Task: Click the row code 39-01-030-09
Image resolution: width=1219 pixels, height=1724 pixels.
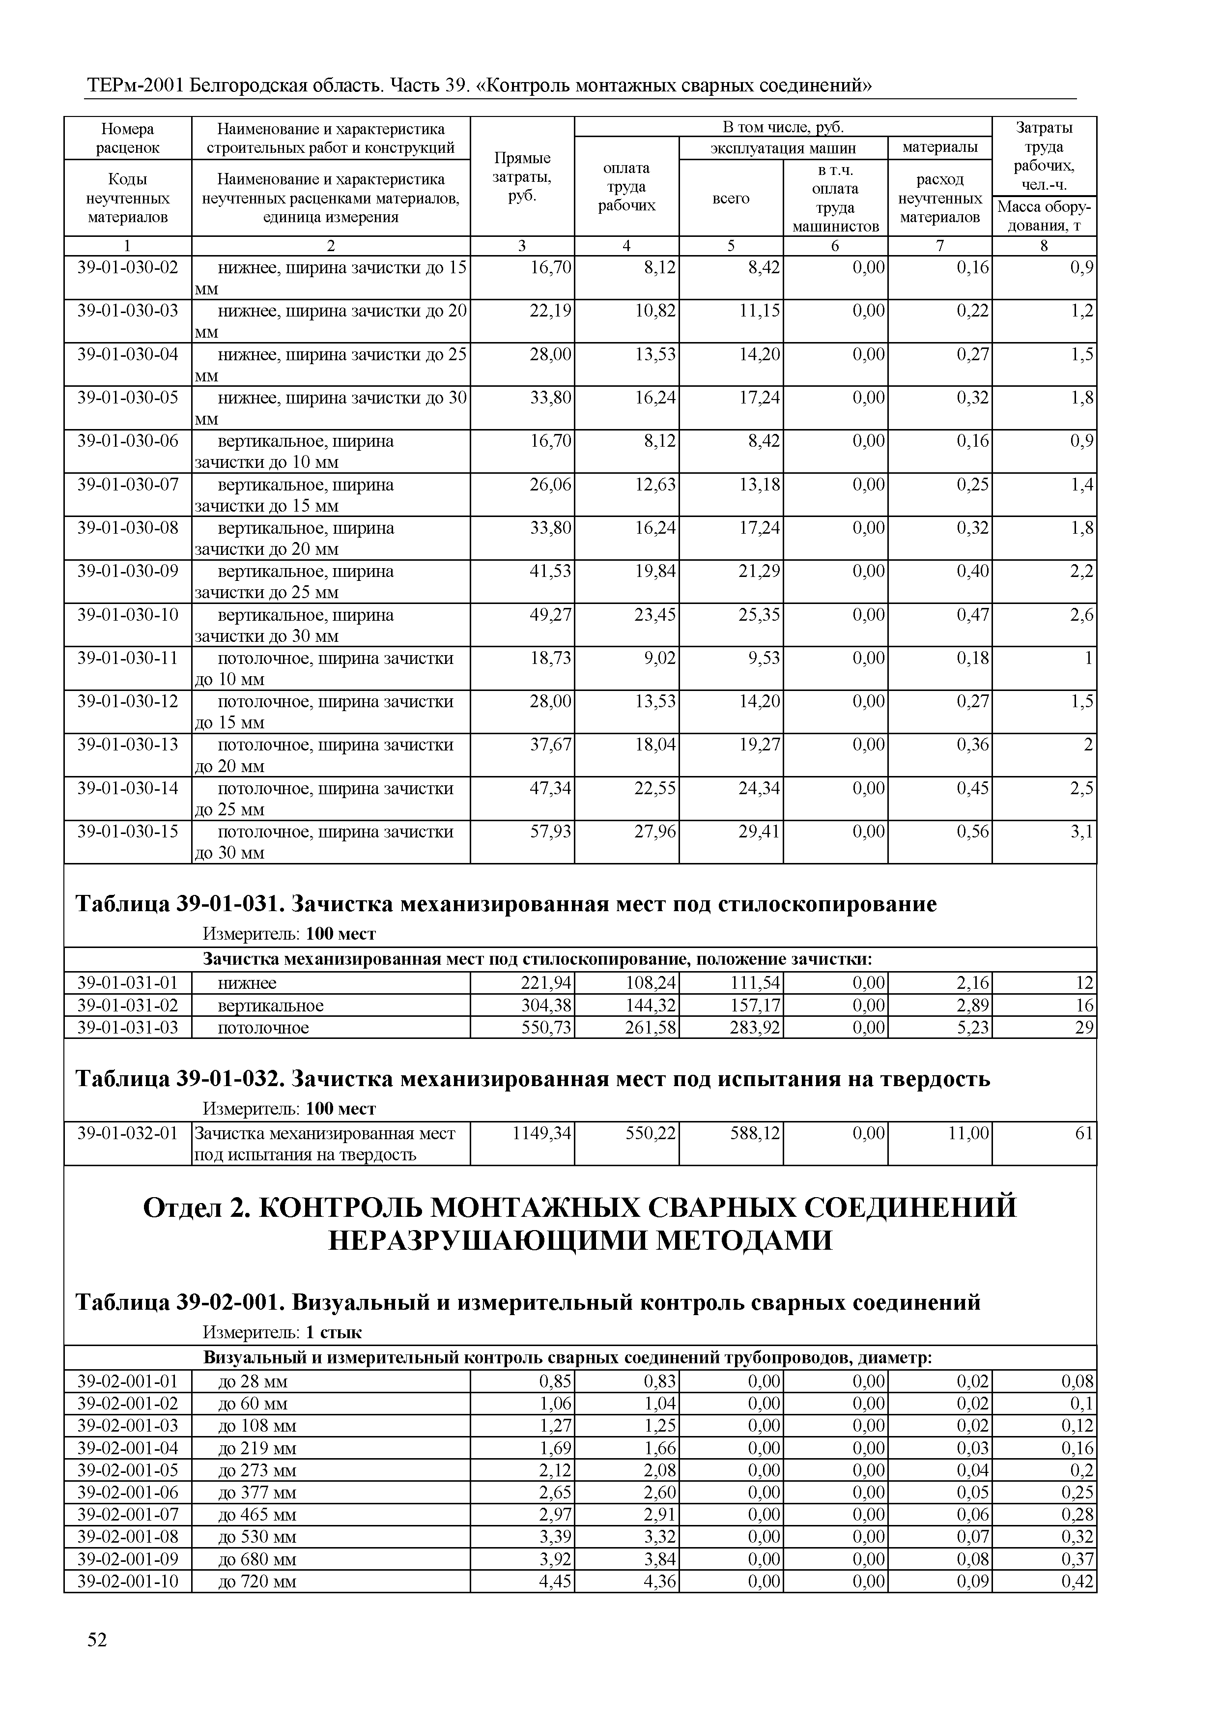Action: pyautogui.click(x=128, y=572)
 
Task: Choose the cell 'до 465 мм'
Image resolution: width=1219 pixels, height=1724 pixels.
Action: pyautogui.click(x=256, y=1515)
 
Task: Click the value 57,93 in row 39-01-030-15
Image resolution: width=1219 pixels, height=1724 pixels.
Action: pyautogui.click(x=551, y=832)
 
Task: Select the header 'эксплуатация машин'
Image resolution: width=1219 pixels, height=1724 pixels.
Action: pyautogui.click(x=783, y=148)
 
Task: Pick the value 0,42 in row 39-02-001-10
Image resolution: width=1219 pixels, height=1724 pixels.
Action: pyautogui.click(x=1078, y=1581)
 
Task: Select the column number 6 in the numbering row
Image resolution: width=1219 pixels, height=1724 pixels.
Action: pyautogui.click(x=835, y=246)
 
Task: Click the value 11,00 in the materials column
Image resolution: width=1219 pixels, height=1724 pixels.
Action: pyautogui.click(x=968, y=1133)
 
